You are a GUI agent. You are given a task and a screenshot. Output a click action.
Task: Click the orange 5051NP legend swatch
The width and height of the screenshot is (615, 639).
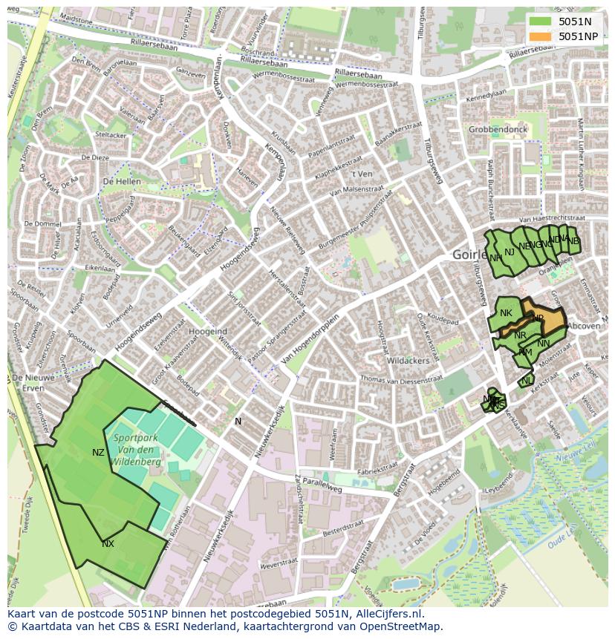[x=541, y=36]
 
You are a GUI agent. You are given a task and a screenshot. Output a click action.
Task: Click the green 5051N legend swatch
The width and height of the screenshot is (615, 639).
[x=541, y=22]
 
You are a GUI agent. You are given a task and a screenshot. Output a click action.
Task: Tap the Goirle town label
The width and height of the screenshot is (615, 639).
[x=469, y=255]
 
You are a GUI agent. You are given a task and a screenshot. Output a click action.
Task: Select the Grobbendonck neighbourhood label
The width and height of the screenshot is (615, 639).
[x=498, y=129]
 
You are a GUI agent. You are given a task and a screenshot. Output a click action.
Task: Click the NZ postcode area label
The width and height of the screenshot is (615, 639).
[x=98, y=453]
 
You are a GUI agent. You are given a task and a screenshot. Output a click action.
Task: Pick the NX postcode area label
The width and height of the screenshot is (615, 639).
[x=108, y=544]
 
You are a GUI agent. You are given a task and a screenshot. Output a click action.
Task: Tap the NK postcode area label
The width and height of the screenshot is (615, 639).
[x=506, y=313]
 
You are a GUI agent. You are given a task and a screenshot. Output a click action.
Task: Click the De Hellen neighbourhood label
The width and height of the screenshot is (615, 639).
[x=122, y=182]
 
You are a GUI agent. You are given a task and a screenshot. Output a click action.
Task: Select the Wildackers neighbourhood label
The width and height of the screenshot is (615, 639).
[x=409, y=361]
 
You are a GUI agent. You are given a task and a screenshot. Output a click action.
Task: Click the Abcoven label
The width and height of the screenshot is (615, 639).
[x=583, y=325]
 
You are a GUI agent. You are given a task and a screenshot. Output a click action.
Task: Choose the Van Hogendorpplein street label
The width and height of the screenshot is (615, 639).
[x=310, y=342]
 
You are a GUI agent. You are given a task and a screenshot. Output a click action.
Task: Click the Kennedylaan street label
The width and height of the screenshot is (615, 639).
[x=487, y=96]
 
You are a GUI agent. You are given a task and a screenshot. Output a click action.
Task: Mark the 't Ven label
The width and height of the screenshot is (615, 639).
[x=362, y=174]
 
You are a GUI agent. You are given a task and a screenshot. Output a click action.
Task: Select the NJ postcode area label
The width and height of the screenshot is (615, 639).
[x=509, y=252]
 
